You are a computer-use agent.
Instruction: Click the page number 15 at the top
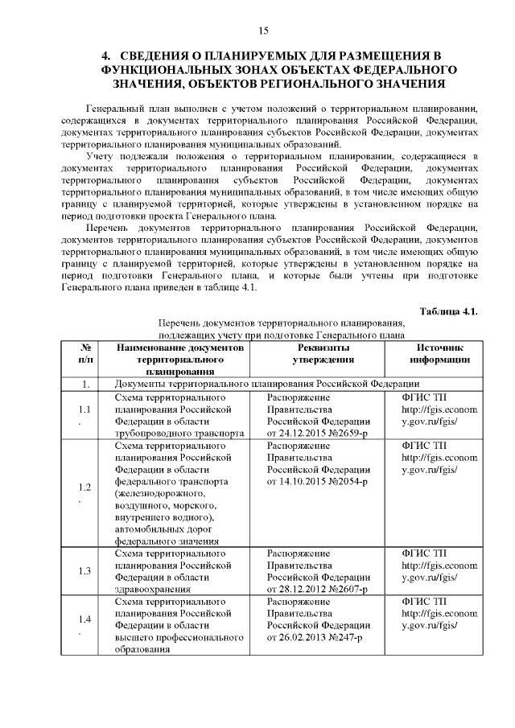[x=262, y=31]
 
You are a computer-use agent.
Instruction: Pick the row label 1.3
[x=84, y=571]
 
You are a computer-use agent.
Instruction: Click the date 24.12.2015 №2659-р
[x=318, y=433]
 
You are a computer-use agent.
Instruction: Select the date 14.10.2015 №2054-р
[x=318, y=481]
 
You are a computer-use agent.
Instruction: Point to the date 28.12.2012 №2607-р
[x=318, y=590]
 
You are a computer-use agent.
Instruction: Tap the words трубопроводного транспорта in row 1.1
[x=179, y=433]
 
